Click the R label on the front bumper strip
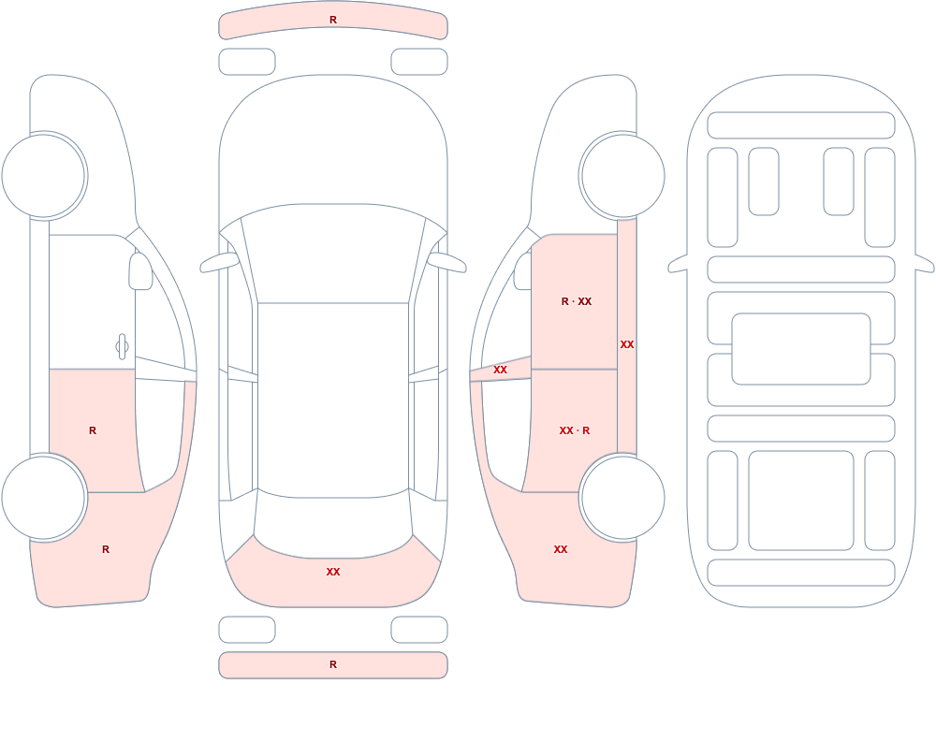[x=333, y=20]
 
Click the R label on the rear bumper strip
[x=333, y=664]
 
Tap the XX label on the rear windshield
[x=333, y=572]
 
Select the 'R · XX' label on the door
[x=576, y=301]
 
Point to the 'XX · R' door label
[x=575, y=430]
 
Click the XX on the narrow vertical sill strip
[x=627, y=344]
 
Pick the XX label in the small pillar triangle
[x=500, y=371]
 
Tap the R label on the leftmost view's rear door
[x=93, y=430]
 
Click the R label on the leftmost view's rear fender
[x=106, y=549]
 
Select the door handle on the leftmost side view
[x=122, y=346]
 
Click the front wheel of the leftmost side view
[x=44, y=176]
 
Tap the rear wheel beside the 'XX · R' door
[x=622, y=497]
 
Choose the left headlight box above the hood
[x=247, y=62]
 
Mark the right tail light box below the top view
[x=419, y=630]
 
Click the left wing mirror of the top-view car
[x=218, y=262]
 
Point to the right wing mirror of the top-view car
[x=447, y=262]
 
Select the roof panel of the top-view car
[x=333, y=399]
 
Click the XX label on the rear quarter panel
[x=561, y=549]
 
